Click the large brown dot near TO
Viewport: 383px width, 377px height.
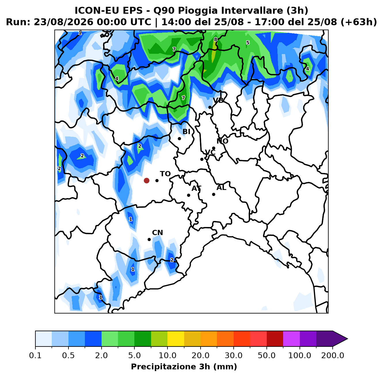point(146,180)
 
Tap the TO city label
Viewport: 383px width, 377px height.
point(165,174)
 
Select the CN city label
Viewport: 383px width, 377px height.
point(157,232)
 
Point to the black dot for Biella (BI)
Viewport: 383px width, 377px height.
point(179,139)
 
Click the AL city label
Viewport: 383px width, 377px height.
point(221,187)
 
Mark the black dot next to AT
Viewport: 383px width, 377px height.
point(188,195)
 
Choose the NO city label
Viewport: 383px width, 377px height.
point(222,141)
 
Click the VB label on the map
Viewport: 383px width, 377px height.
point(218,101)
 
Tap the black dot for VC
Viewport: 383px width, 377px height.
point(202,159)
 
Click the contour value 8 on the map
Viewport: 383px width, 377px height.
point(216,39)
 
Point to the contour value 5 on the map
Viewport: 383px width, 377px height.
point(248,43)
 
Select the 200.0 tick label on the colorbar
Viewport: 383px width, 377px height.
point(333,355)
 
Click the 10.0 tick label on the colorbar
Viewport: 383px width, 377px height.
point(167,355)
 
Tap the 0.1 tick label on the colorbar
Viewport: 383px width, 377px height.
point(35,355)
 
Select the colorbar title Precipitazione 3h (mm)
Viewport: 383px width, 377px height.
point(184,366)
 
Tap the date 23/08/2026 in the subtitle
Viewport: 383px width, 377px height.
point(64,22)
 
